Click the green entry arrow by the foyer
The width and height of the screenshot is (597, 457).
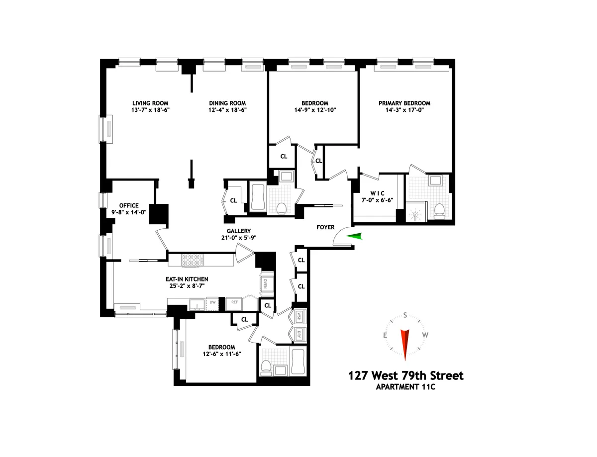coord(355,237)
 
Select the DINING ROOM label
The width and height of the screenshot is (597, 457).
coord(228,103)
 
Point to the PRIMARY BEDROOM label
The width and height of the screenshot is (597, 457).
coord(404,103)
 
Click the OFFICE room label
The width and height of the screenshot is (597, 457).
coord(128,205)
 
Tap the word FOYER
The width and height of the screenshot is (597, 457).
coord(327,227)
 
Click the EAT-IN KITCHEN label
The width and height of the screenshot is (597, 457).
coord(187,279)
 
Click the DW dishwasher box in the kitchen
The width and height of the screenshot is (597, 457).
coord(212,302)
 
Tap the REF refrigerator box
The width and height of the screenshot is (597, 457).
coord(233,302)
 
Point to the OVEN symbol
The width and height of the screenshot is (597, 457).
coord(266,284)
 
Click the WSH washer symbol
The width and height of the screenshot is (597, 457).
coord(300,317)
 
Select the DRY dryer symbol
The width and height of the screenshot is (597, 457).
coord(300,334)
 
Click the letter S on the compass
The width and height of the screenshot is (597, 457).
coord(405,315)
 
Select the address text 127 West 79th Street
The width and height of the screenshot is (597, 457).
coord(405,375)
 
